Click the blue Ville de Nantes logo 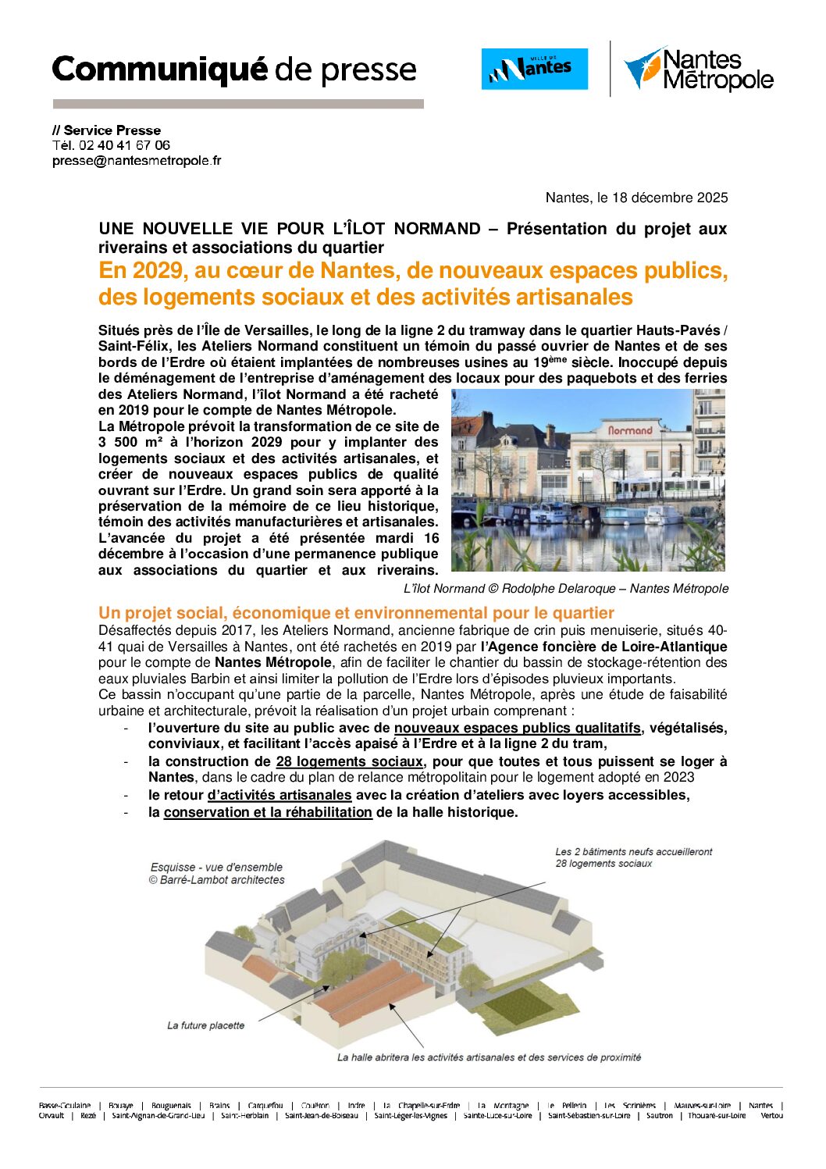534,69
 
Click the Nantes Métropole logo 698,69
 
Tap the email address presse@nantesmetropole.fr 137,161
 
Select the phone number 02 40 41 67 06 124,145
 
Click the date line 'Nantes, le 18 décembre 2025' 636,198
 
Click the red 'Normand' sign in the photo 629,430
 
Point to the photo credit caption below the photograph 565,589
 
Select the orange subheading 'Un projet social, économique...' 356,613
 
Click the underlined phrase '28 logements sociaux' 349,761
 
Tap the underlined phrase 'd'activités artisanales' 279,795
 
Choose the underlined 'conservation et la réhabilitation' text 268,812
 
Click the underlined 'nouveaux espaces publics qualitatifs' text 517,728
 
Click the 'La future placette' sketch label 205,1025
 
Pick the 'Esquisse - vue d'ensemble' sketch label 216,867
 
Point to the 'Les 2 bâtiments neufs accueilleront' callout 633,852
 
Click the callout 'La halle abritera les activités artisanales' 489,1057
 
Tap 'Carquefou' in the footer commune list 265,1105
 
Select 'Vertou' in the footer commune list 771,1115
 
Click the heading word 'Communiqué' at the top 159,70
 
